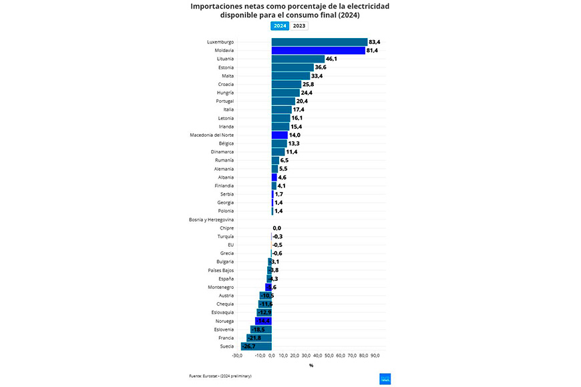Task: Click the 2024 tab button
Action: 280,26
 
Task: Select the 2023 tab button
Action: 299,26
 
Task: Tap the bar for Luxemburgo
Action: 319,42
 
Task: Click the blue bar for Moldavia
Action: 318,51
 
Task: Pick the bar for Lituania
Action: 298,59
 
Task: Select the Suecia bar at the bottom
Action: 256,346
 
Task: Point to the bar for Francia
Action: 259,338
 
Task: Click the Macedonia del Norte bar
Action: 279,135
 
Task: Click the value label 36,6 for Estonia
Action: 321,67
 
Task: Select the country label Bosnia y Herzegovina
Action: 211,220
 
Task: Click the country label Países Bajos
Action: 220,270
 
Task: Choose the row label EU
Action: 230,245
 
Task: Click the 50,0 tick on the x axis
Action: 329,355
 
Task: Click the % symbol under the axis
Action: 311,365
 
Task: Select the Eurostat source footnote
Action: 220,376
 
